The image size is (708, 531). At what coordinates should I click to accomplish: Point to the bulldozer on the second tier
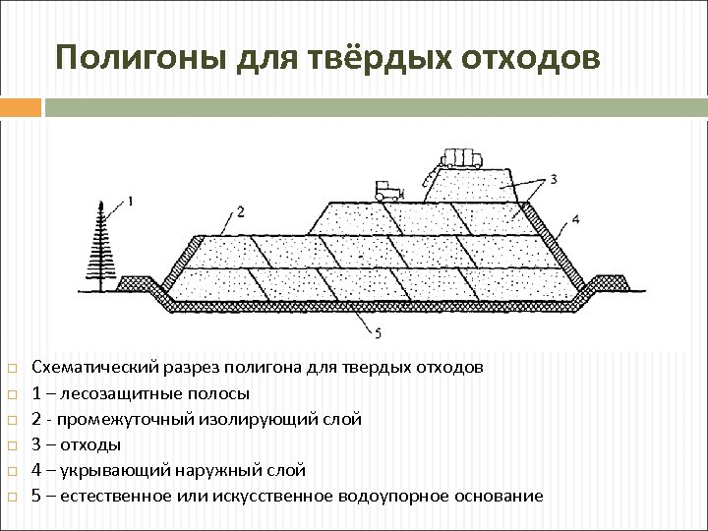(x=389, y=190)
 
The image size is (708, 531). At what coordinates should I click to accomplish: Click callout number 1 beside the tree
(x=131, y=202)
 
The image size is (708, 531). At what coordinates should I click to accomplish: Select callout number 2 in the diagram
(x=240, y=211)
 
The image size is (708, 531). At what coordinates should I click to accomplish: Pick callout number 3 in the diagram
(x=554, y=178)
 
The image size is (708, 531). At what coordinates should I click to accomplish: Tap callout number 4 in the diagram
(x=574, y=218)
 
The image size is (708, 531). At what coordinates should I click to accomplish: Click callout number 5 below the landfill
(x=379, y=334)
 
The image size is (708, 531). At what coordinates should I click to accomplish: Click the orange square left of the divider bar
(x=21, y=106)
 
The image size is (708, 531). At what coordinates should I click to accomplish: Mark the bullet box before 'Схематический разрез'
(x=12, y=369)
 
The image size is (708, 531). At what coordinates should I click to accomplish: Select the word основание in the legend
(x=497, y=496)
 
